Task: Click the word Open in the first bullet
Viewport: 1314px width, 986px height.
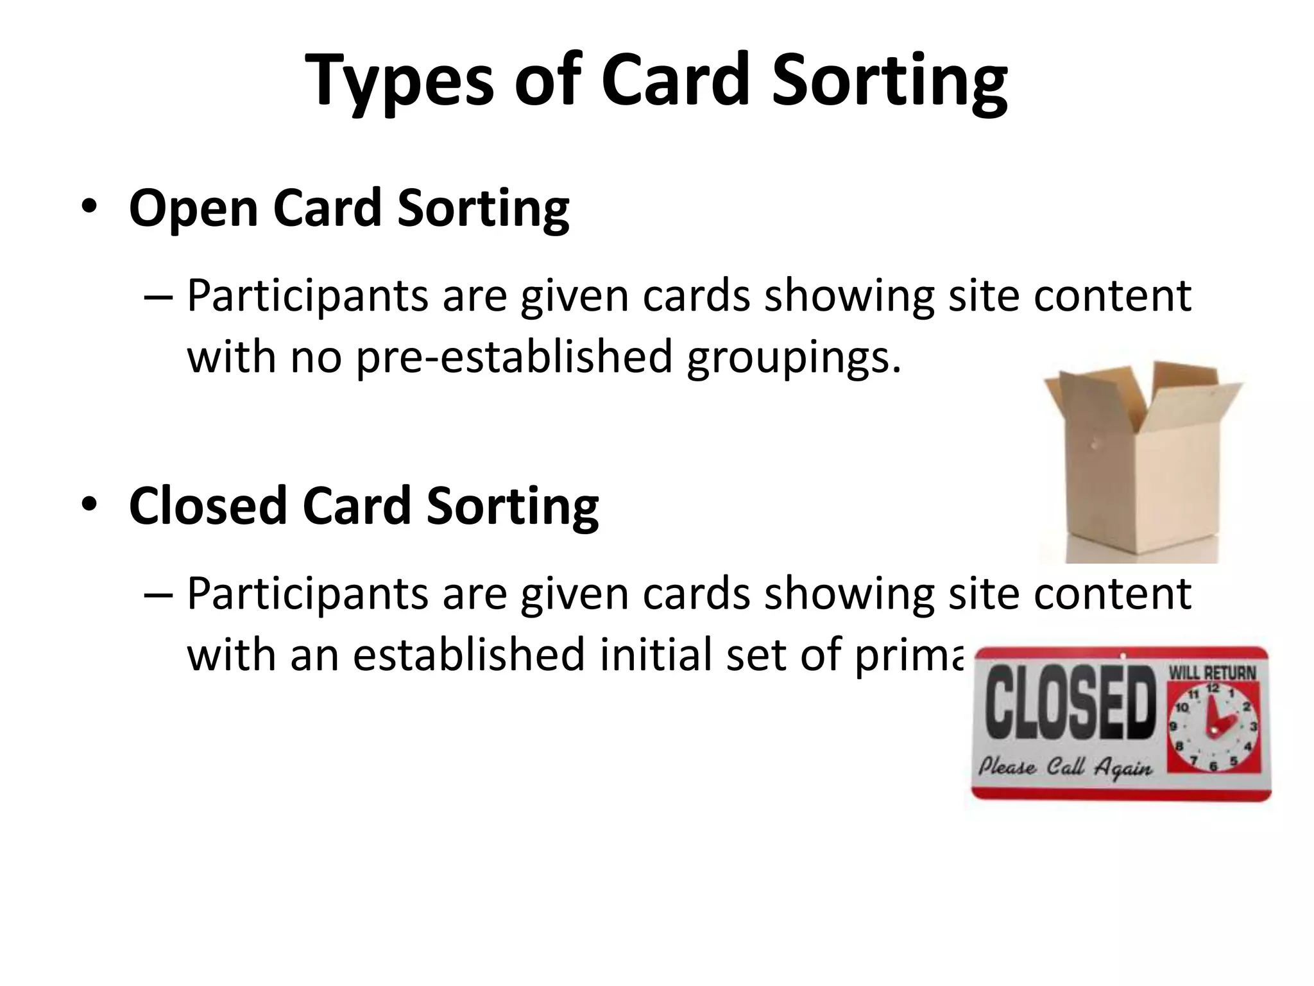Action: point(193,208)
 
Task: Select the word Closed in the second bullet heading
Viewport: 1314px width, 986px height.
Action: point(207,506)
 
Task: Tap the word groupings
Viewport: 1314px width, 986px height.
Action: point(793,357)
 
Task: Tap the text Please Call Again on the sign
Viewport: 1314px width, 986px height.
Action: point(1065,768)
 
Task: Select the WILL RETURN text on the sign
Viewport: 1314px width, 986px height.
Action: point(1212,673)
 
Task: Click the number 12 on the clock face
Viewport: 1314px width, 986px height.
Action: point(1212,688)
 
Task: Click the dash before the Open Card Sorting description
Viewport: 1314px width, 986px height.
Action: point(158,296)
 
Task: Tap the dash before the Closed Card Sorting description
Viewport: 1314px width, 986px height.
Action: point(158,594)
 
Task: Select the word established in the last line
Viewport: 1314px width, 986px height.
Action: point(468,655)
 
